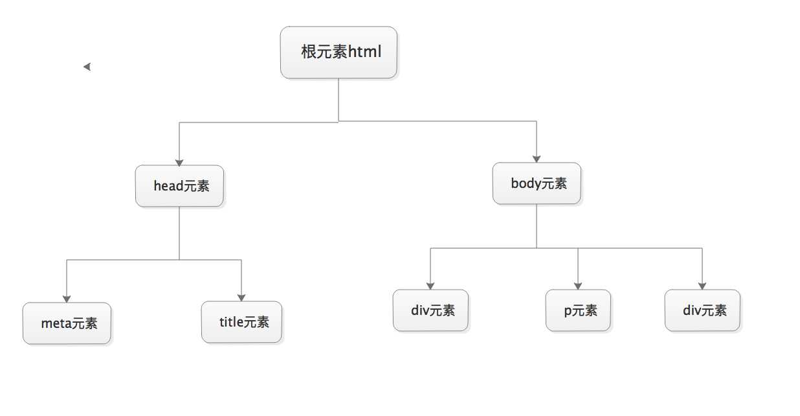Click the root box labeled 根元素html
339,52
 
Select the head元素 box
179,186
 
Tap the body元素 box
537,183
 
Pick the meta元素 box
67,323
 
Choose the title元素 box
241,322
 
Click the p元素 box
578,310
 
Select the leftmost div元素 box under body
430,310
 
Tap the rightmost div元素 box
702,310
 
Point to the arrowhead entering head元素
179,162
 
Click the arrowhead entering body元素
537,158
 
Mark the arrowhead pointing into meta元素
67,299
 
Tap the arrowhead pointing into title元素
241,297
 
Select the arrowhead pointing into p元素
578,286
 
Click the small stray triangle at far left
87,67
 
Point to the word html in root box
364,52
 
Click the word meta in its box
56,323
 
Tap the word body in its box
526,183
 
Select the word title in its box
231,322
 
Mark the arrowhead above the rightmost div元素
702,286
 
